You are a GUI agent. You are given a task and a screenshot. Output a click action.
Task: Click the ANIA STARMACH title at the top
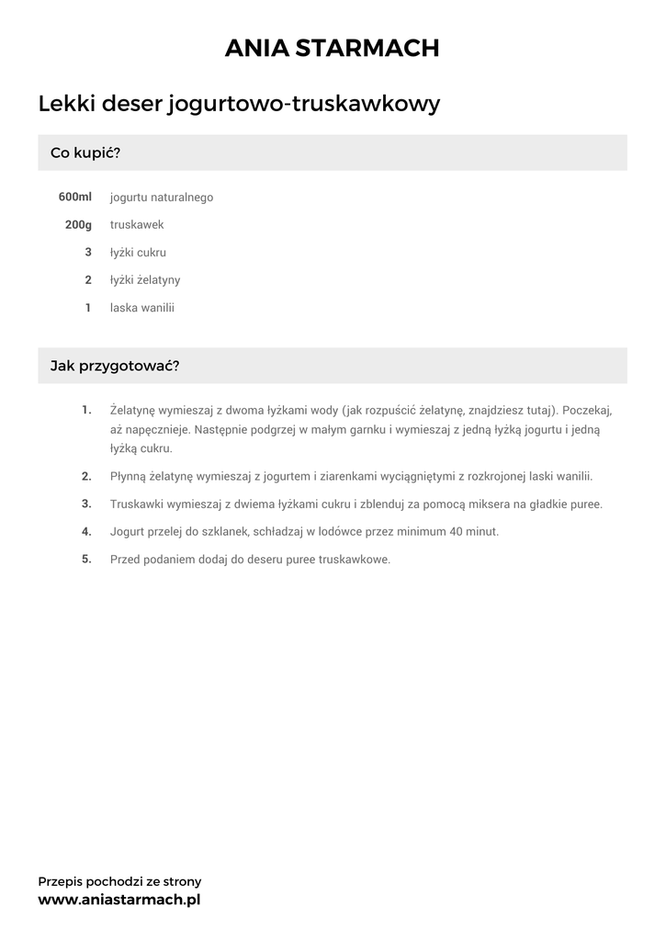[333, 49]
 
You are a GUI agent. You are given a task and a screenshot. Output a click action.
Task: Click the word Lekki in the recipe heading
[66, 104]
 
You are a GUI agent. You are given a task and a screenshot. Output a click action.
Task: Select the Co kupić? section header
[85, 153]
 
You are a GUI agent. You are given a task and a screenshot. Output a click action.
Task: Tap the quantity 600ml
[74, 197]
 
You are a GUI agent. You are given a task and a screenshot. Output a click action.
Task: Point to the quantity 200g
[78, 224]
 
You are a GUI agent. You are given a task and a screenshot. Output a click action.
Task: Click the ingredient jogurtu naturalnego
[162, 198]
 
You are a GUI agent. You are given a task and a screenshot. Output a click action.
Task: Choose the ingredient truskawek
[137, 224]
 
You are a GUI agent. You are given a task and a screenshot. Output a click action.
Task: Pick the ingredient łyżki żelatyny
[145, 279]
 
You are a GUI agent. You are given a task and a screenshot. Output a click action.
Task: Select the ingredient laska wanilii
[141, 307]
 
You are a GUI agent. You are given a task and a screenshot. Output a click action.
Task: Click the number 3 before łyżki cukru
[88, 252]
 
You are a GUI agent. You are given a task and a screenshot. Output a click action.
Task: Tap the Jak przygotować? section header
[115, 366]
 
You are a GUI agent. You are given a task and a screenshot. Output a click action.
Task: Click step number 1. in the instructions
[86, 409]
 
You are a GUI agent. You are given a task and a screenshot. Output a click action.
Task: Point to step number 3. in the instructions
[86, 504]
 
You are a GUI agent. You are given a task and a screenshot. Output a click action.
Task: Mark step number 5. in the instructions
[86, 559]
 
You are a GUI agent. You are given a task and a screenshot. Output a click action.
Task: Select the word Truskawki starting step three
[137, 505]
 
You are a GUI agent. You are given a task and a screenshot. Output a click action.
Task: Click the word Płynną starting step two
[129, 477]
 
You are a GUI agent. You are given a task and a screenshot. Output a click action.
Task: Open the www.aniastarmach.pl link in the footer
[119, 900]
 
